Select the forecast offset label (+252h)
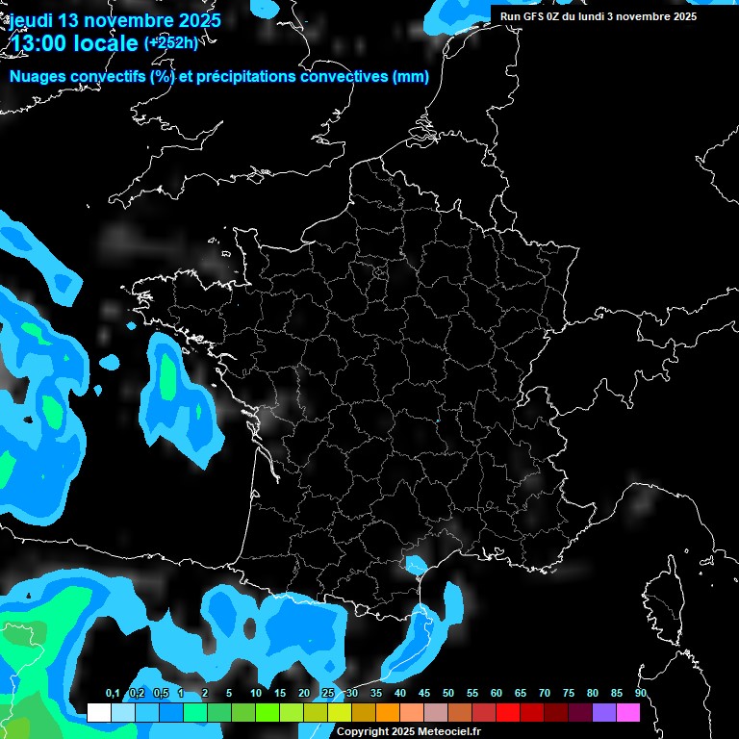[x=170, y=42]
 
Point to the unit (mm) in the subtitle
[x=411, y=77]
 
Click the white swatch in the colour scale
[x=99, y=713]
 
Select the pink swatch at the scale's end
[x=628, y=713]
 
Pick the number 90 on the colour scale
[x=640, y=694]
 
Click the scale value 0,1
[x=113, y=694]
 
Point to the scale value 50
[x=448, y=694]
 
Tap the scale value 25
[x=328, y=694]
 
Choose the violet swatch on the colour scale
[x=604, y=713]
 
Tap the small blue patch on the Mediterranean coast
[x=416, y=564]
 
